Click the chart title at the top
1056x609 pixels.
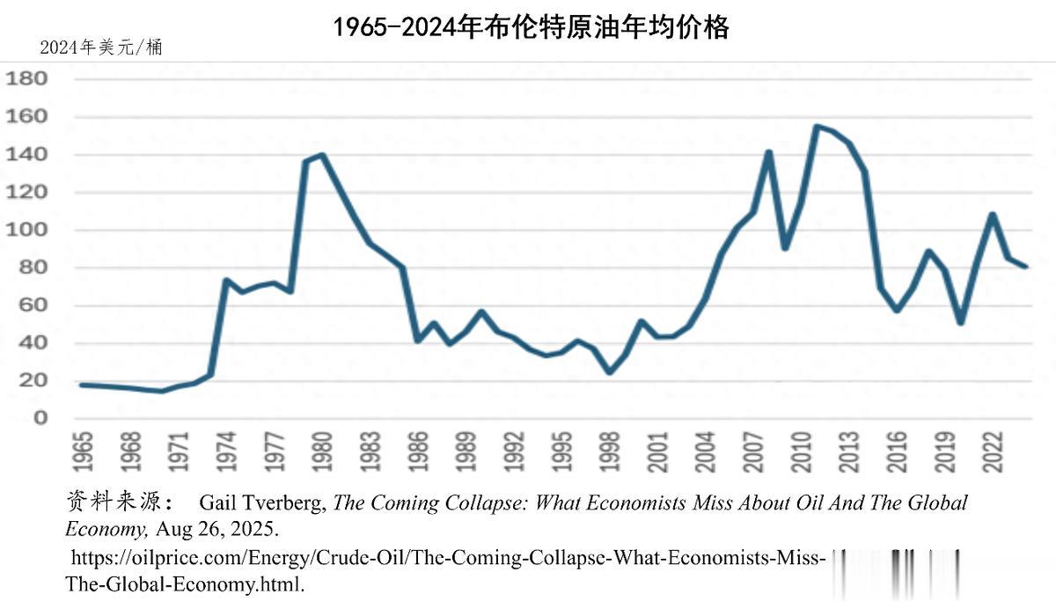click(x=531, y=27)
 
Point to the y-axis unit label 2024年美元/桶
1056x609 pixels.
click(x=101, y=48)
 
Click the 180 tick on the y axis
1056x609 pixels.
click(x=27, y=79)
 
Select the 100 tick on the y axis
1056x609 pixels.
click(x=27, y=231)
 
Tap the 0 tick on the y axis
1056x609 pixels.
click(x=40, y=419)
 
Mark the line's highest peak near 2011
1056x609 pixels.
click(x=817, y=127)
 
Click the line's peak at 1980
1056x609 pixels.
click(x=323, y=155)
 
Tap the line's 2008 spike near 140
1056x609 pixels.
click(x=768, y=152)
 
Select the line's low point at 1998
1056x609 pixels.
click(x=609, y=372)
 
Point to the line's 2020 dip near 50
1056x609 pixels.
click(x=961, y=322)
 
